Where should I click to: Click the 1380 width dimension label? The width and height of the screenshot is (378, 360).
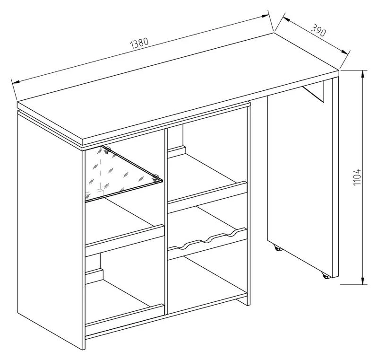139,43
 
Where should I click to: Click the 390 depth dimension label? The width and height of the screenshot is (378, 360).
318,30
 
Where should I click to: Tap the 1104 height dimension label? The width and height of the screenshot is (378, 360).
357,177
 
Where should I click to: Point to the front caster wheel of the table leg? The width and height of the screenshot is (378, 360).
326,275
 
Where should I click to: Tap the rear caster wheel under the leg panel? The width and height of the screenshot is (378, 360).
278,248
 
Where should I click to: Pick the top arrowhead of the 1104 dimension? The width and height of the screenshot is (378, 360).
362,75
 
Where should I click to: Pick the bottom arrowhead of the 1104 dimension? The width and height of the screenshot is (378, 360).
362,280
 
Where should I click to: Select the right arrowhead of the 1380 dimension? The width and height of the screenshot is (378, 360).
265,16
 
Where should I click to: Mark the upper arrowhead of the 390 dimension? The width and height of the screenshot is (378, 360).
287,19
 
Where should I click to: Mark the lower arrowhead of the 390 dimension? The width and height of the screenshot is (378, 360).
344,52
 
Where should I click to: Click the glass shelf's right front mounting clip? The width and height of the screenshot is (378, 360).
156,178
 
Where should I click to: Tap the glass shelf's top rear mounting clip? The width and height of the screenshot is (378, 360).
107,150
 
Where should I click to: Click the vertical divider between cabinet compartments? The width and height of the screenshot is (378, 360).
166,221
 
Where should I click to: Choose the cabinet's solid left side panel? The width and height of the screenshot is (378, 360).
50,229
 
